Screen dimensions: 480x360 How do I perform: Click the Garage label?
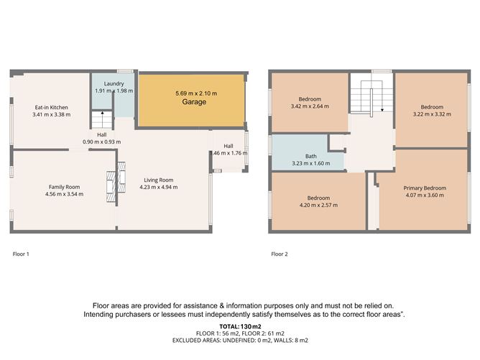coord(194,101)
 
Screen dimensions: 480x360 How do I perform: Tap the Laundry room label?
coord(114,83)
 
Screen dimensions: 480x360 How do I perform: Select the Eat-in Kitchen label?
coord(52,108)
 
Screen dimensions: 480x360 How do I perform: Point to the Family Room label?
coord(64,187)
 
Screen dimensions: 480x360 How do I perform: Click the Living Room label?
coord(159,180)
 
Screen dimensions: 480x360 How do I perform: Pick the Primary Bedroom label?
coord(425,188)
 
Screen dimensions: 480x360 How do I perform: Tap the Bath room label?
coord(311,156)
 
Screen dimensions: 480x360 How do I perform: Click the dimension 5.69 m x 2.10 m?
coord(196,93)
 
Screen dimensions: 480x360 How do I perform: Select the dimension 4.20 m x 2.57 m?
coord(318,205)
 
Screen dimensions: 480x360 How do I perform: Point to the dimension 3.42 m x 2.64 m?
coord(310,106)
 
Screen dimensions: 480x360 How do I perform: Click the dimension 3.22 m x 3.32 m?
coord(432,114)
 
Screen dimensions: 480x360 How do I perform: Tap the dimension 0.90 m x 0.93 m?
coord(101,142)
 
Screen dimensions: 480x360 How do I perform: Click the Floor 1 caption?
coord(21,254)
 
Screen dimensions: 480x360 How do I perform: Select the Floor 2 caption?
coord(280,254)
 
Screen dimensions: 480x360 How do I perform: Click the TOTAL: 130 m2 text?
coord(240,327)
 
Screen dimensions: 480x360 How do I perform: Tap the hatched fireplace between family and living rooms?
coord(116,182)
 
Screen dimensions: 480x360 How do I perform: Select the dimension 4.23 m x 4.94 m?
coord(159,187)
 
